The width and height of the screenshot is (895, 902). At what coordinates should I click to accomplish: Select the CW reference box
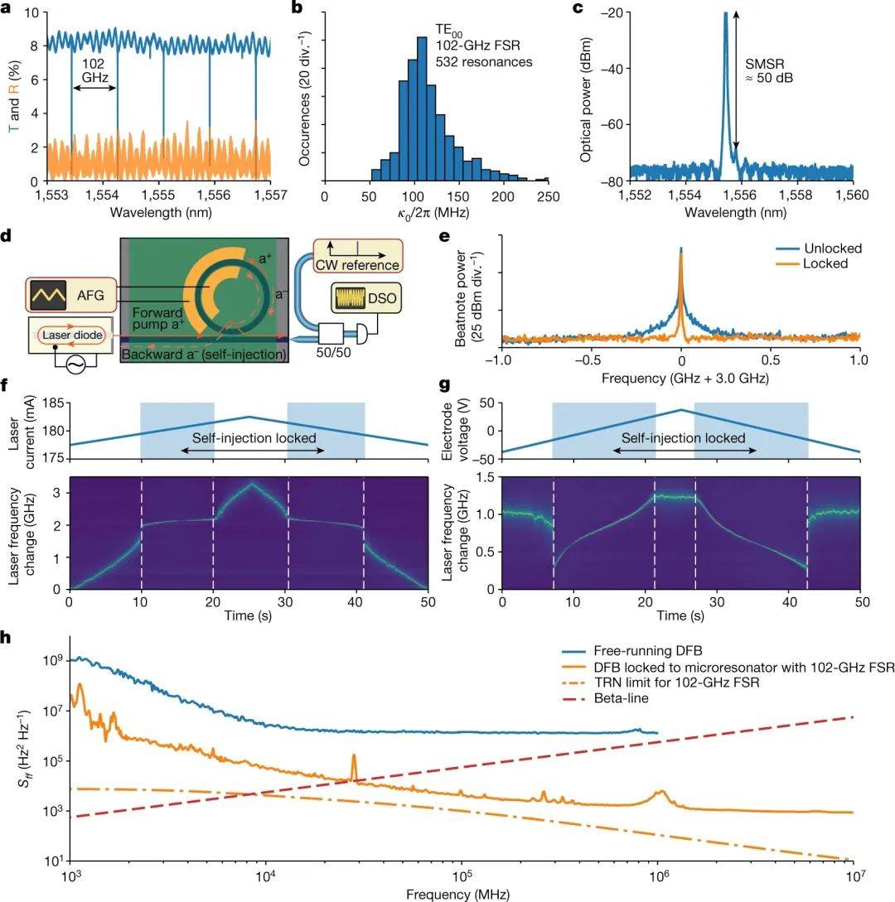tap(358, 256)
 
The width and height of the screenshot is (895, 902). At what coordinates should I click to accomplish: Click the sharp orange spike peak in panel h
tap(355, 755)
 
